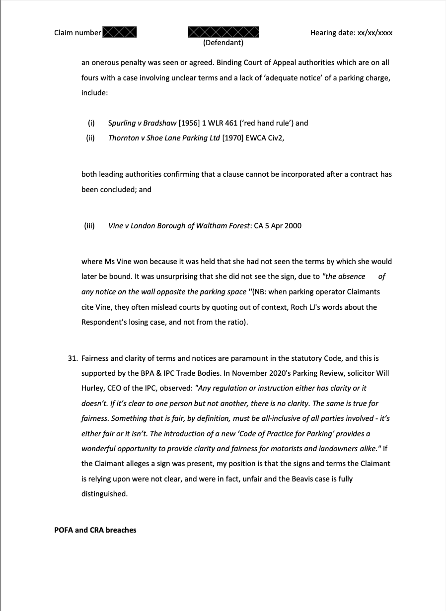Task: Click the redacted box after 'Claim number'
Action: pos(119,33)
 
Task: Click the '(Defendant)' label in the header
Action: pos(223,43)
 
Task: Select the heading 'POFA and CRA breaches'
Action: pos(95,530)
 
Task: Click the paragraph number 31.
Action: pos(73,358)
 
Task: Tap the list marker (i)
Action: pos(91,123)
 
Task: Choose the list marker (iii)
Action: pos(89,226)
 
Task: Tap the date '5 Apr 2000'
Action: pos(283,226)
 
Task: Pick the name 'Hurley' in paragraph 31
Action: pos(93,388)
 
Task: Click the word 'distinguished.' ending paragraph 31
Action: pos(104,494)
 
